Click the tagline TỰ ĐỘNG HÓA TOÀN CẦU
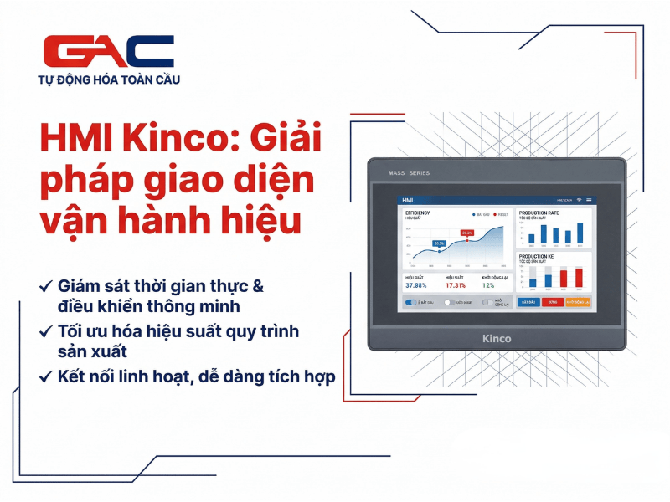[x=109, y=80]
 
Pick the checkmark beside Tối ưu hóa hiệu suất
[x=45, y=331]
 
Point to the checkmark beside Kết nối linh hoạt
[x=45, y=377]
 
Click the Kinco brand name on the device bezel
[x=497, y=338]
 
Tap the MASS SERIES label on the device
[x=410, y=173]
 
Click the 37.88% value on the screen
[x=416, y=285]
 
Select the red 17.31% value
[x=455, y=285]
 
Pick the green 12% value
[x=488, y=285]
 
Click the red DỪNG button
[x=552, y=301]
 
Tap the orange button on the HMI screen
[x=578, y=301]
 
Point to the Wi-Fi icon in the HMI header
[x=578, y=201]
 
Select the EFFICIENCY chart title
[x=417, y=213]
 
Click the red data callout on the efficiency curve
[x=467, y=233]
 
